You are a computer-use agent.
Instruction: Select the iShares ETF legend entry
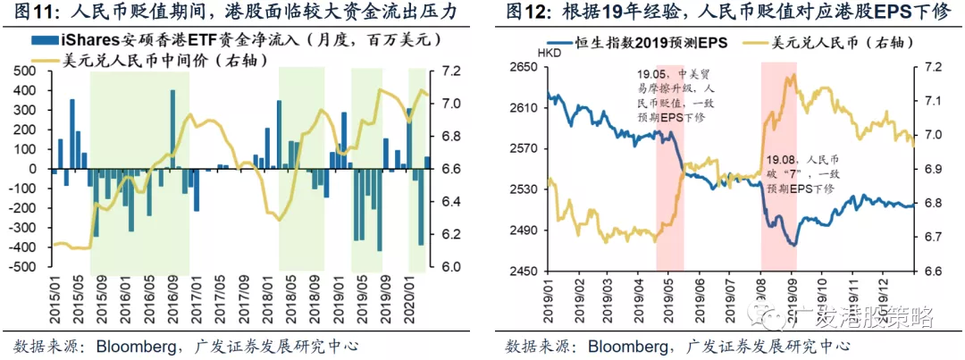pyautogui.click(x=143, y=40)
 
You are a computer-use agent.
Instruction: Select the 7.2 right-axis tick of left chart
pyautogui.click(x=450, y=70)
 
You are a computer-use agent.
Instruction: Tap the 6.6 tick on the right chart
pyautogui.click(x=929, y=271)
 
